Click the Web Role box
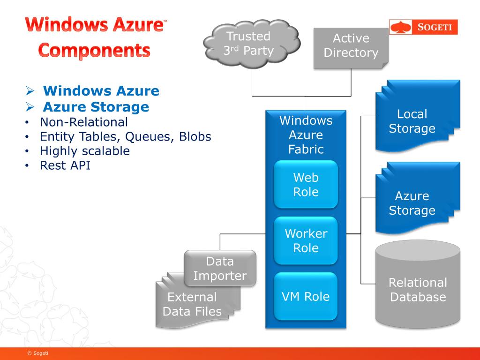coord(306,185)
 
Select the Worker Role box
coord(306,240)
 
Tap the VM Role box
coord(306,296)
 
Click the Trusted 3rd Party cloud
coord(252,44)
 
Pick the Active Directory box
coord(351,48)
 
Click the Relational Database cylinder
coord(418,284)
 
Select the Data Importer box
coord(220,269)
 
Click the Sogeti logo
coord(423,27)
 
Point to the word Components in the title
coord(94,51)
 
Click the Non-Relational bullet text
coord(84,122)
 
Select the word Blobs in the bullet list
coord(195,136)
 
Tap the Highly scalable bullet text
coord(85,151)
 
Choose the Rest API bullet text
coord(65,165)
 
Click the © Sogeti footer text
coord(37,353)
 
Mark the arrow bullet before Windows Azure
coord(30,90)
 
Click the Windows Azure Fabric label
coord(306,135)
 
